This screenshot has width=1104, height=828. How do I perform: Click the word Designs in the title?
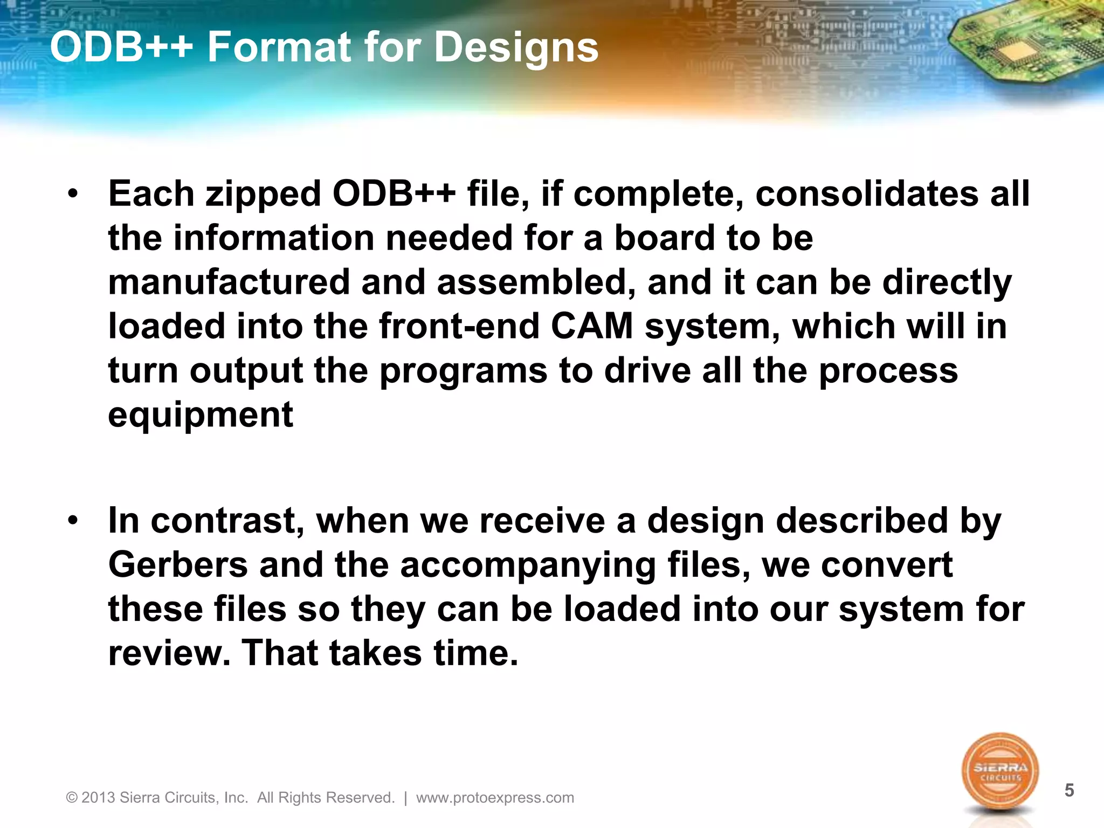[516, 48]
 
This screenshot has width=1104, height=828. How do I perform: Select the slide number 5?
[1069, 790]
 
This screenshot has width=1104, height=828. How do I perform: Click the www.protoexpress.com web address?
[495, 797]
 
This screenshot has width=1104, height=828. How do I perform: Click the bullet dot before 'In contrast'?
[73, 520]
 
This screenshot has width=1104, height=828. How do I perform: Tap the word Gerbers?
[177, 565]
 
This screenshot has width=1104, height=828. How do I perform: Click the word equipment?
[201, 415]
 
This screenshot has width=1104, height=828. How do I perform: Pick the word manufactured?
[229, 282]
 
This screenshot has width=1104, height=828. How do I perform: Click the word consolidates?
[866, 194]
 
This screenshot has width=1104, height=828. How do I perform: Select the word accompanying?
[528, 566]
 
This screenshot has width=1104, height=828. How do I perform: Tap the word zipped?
[263, 195]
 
